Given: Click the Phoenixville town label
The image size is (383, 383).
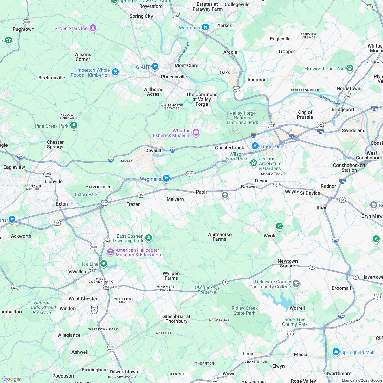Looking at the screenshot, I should click(x=174, y=77).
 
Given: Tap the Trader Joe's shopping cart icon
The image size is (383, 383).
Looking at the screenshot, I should click(x=255, y=146).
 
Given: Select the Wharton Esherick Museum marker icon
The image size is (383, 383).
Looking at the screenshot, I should click(x=196, y=133).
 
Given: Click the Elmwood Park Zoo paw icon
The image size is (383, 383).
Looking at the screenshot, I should click(x=349, y=68).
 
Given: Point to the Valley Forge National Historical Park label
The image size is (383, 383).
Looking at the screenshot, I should click(x=243, y=118).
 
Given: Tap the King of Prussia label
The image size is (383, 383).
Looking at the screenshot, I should click(x=305, y=115).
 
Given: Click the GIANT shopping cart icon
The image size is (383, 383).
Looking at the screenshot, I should click(x=155, y=66).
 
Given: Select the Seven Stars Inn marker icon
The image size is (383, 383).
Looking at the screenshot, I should click(x=93, y=28).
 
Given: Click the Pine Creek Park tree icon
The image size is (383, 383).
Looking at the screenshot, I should click(x=74, y=126).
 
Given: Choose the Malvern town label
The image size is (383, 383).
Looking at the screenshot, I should click(x=175, y=199).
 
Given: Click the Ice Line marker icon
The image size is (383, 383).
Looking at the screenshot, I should click(x=104, y=264).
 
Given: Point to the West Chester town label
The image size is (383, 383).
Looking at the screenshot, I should click(x=83, y=299).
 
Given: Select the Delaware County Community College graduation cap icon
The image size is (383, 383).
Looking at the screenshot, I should click(x=296, y=284).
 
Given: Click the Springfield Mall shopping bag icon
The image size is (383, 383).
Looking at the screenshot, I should click(x=336, y=352).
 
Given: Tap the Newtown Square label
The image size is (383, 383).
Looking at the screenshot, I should click(x=288, y=263).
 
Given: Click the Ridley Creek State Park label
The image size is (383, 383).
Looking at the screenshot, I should click(x=245, y=311).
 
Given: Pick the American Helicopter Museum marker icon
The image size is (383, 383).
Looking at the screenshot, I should click(x=110, y=252).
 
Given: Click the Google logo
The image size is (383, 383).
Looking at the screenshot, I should click(x=11, y=379).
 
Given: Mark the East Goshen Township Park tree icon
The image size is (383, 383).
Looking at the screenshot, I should click(x=148, y=238).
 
